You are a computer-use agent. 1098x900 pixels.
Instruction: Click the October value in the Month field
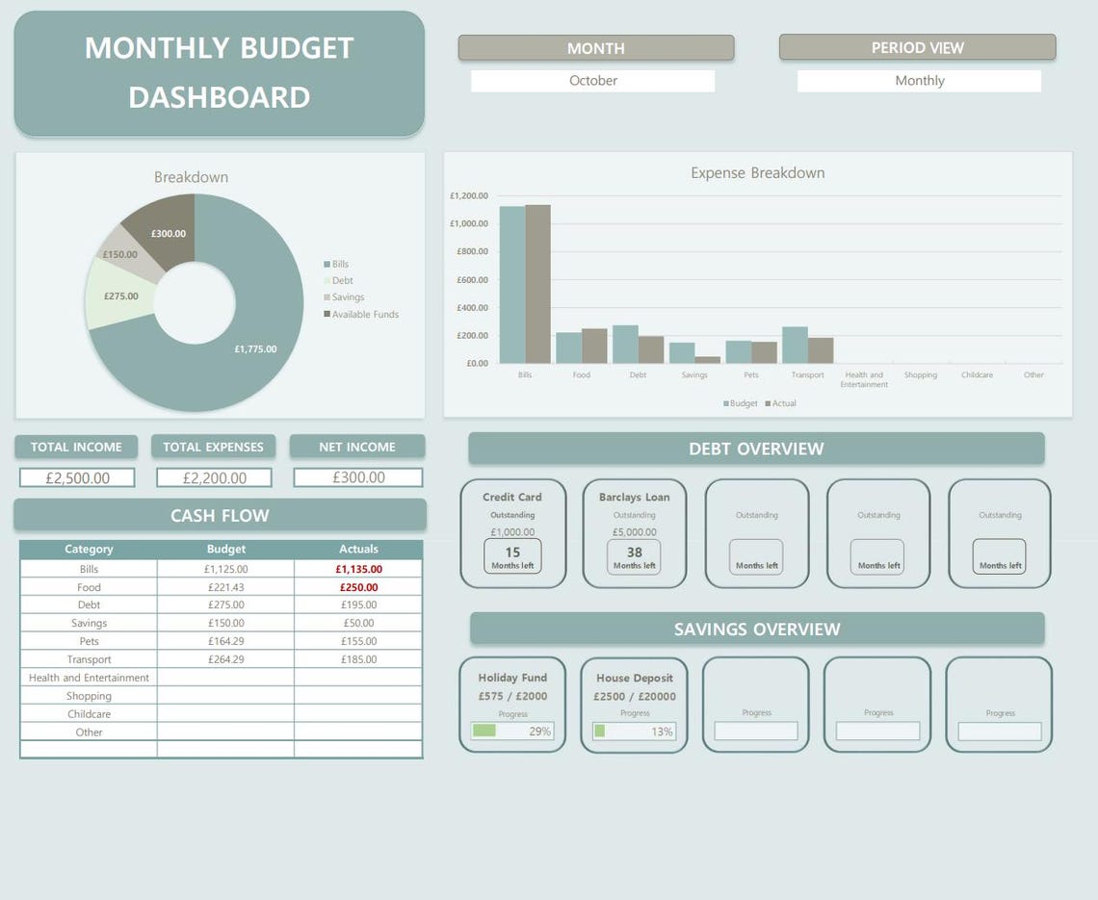coord(592,81)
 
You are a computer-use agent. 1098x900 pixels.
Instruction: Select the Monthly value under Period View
coord(919,81)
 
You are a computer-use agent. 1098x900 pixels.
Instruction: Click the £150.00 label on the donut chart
coord(120,255)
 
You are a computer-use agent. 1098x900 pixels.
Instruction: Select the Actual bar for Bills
coord(537,284)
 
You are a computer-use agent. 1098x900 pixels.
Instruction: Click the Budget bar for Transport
coord(795,345)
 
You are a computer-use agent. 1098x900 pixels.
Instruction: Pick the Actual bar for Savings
coord(707,360)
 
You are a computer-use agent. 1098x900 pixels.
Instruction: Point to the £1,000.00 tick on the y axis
coord(469,223)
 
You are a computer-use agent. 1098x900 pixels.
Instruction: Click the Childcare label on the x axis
coord(977,374)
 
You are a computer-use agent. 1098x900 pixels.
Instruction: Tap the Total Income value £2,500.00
coord(77,477)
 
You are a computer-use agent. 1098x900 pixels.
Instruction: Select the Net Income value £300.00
coord(357,477)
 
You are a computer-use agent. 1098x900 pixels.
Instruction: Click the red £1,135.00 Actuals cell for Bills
coord(358,569)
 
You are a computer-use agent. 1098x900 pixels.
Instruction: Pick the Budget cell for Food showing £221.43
coord(225,587)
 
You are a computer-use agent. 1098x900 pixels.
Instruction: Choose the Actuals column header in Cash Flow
coord(358,549)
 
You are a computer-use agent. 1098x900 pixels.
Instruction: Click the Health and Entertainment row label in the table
coord(89,678)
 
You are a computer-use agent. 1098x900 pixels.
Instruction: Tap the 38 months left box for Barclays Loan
coord(634,556)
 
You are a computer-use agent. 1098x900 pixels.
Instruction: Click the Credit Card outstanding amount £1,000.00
coord(512,531)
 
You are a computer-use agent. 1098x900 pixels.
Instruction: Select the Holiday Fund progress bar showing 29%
coord(512,731)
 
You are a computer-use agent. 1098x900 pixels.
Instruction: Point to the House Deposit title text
coord(634,678)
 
